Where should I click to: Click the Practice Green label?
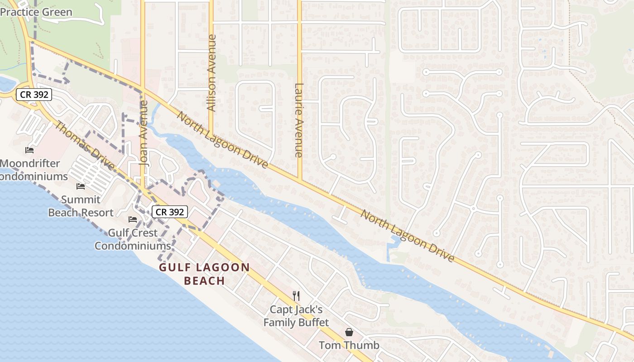[x=36, y=12]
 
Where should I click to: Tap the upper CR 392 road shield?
[x=34, y=95]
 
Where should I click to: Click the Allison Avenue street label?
[x=211, y=73]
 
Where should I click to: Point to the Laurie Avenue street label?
[x=298, y=120]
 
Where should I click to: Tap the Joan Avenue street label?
[x=144, y=133]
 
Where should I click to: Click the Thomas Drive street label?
[x=85, y=146]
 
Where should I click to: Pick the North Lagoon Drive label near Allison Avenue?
[x=222, y=140]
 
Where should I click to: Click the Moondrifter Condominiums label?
[x=32, y=170]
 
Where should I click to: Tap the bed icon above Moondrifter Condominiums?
[x=30, y=150]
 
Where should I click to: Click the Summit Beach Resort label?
[x=81, y=206]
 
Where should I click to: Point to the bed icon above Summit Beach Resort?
[x=81, y=186]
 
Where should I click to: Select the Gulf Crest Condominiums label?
[x=132, y=239]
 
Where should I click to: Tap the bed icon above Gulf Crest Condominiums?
[x=132, y=219]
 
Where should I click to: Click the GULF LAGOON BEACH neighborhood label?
[x=204, y=274]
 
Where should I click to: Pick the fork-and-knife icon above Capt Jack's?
[x=296, y=296]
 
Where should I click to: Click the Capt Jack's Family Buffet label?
[x=296, y=316]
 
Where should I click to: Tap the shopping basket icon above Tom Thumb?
[x=349, y=332]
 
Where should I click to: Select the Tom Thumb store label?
[x=349, y=345]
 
